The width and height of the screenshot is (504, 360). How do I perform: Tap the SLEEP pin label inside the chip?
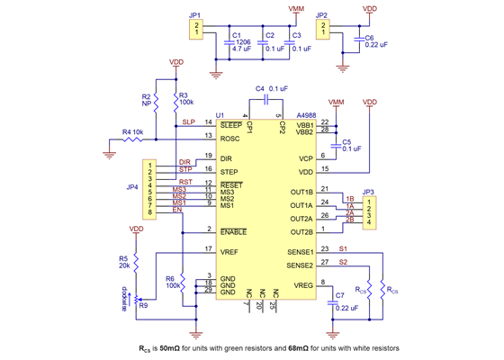click(x=232, y=125)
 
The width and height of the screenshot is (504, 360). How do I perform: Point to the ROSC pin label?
click(x=231, y=138)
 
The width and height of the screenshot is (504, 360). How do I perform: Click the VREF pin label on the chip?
click(x=230, y=251)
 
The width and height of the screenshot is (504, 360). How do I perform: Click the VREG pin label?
click(x=302, y=284)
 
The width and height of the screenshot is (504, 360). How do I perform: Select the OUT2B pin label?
click(x=301, y=231)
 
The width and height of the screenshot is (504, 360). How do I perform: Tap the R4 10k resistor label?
click(x=132, y=132)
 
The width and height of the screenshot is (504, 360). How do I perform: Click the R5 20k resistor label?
click(x=122, y=263)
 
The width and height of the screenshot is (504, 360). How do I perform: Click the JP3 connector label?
click(x=367, y=192)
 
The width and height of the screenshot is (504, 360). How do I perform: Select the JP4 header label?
click(x=132, y=188)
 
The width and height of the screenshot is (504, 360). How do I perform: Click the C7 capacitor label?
click(x=338, y=295)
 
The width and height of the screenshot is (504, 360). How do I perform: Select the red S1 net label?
click(x=343, y=247)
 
